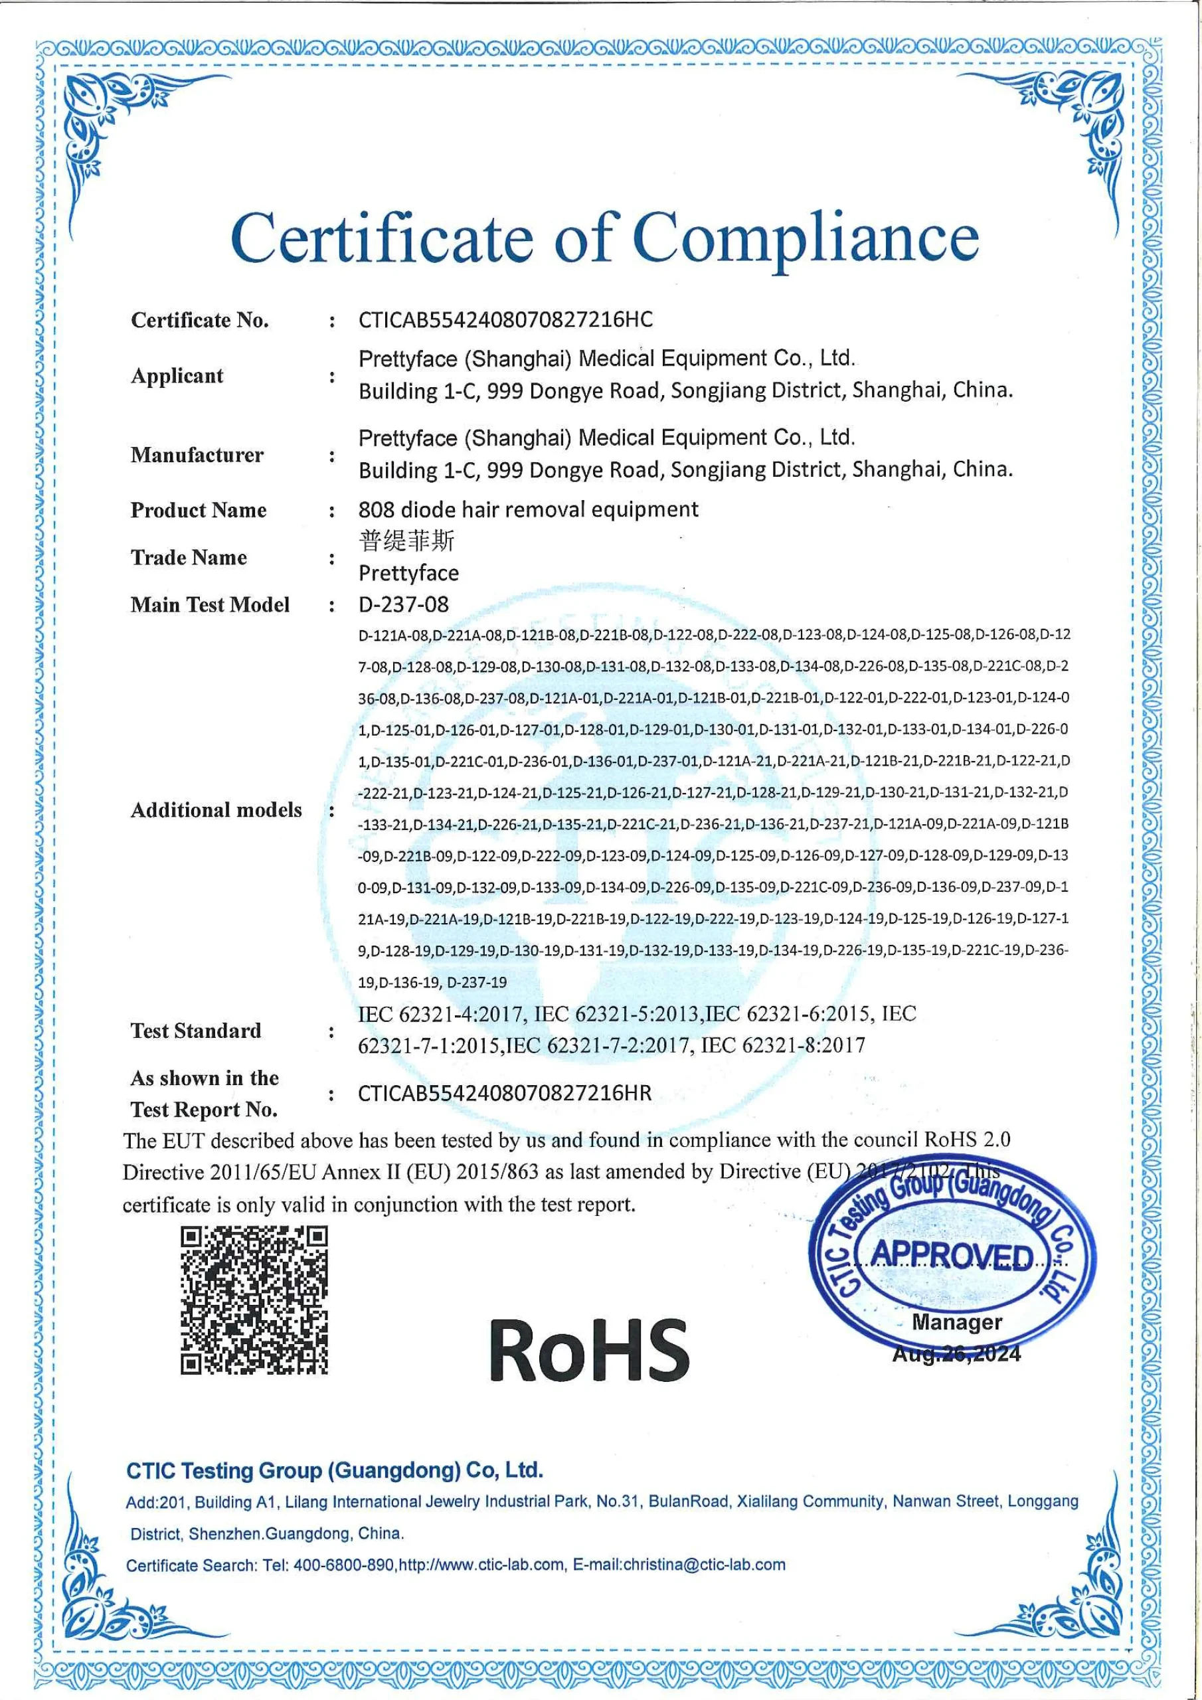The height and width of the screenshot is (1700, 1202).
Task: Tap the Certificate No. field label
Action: pos(199,320)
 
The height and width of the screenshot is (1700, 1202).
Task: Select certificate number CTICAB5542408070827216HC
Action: pos(505,320)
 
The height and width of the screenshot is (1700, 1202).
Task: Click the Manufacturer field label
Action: pos(197,455)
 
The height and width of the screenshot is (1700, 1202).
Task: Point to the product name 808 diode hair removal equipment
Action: pos(528,509)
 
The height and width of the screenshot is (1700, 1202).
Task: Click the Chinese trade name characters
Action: pos(406,541)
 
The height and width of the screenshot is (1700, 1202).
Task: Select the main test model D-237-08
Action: pos(403,605)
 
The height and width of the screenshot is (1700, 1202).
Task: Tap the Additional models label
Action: pos(216,809)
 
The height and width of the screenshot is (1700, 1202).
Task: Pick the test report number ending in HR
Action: pos(504,1094)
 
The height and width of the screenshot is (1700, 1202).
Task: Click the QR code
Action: pos(254,1300)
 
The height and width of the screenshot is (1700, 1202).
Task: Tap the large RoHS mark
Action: pos(589,1350)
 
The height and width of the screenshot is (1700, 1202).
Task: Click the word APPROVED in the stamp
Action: pos(952,1255)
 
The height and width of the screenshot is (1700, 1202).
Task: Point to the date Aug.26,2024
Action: pos(956,1354)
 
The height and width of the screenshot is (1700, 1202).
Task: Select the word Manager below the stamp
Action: pos(957,1321)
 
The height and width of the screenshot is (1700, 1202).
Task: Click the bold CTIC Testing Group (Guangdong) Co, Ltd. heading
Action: pos(335,1470)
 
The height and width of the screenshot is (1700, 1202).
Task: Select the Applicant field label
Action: pos(177,375)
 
